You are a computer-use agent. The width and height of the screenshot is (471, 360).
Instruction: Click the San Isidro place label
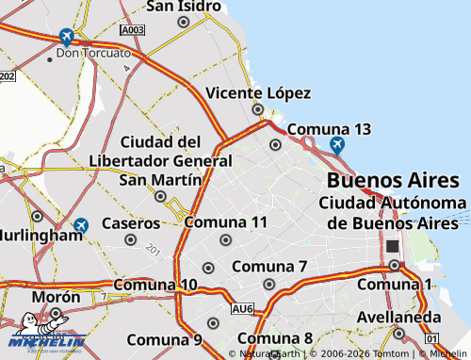(x=184, y=7)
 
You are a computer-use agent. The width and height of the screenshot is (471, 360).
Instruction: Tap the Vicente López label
(x=258, y=93)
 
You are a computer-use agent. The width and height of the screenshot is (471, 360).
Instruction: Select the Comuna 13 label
(x=329, y=128)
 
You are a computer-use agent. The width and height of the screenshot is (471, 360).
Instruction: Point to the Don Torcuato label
(x=93, y=53)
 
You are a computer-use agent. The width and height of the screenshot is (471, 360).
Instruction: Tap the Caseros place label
(x=131, y=224)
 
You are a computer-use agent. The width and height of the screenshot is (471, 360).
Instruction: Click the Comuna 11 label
(x=226, y=222)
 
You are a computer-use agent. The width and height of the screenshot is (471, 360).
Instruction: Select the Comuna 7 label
(x=269, y=267)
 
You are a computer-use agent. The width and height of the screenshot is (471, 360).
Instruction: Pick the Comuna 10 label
(x=155, y=285)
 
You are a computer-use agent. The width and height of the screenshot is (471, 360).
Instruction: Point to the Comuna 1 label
(x=394, y=285)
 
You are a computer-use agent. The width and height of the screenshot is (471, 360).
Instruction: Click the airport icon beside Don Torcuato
(x=66, y=37)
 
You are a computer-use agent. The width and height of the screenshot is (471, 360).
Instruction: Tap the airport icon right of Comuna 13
(x=337, y=145)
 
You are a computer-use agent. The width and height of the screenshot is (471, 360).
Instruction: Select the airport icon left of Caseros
(x=81, y=226)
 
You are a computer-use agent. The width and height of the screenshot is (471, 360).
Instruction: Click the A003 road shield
(x=133, y=31)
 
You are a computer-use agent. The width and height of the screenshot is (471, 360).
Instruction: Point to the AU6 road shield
(x=242, y=308)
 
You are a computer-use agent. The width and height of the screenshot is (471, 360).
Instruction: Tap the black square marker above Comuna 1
(x=392, y=247)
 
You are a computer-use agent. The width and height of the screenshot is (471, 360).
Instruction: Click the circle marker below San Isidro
(x=183, y=21)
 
